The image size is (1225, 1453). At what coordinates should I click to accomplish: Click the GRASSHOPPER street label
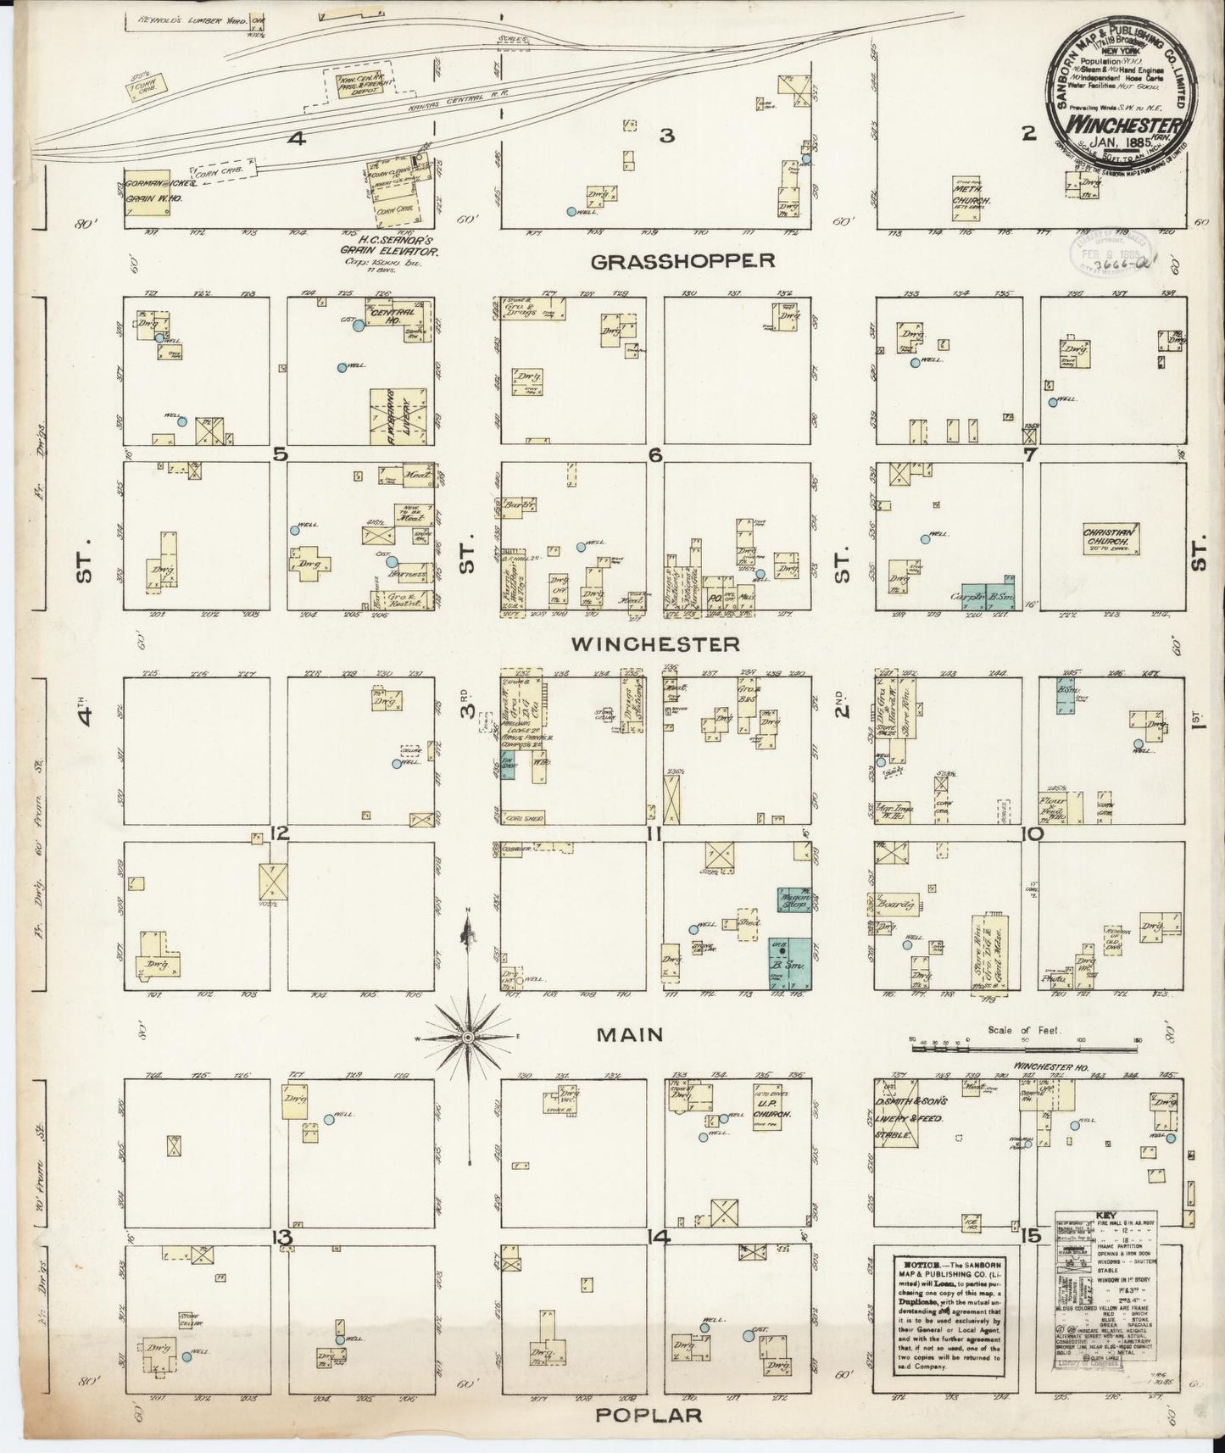click(x=682, y=260)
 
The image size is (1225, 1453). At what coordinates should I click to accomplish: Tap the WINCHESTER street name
click(x=654, y=644)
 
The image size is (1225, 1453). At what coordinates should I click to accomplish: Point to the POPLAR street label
click(x=649, y=1415)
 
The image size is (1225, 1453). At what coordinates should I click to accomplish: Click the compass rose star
click(x=467, y=1037)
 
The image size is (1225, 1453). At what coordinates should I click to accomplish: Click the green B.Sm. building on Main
click(x=790, y=964)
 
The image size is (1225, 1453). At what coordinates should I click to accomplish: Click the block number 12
click(x=281, y=834)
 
